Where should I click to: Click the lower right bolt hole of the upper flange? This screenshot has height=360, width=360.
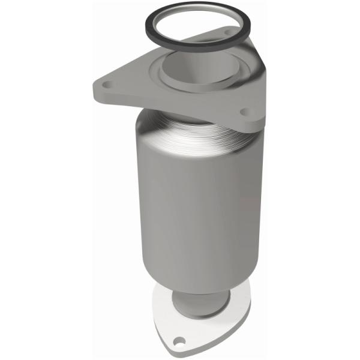(x=247, y=112)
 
